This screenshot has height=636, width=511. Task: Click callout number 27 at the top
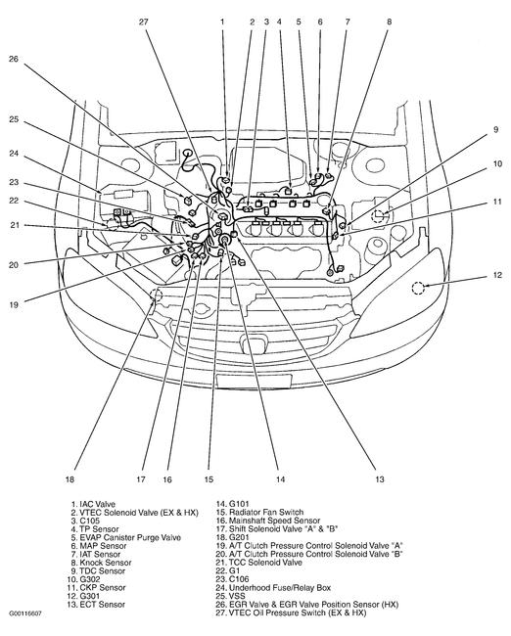pos(145,21)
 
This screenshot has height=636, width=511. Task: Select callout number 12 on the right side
pos(497,275)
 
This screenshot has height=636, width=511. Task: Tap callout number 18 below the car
pos(70,479)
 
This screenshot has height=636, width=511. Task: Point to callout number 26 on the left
pos(14,59)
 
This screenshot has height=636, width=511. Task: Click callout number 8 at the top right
pos(389,21)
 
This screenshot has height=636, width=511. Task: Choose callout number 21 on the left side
pos(14,226)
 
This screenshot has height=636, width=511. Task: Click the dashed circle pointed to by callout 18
pos(153,295)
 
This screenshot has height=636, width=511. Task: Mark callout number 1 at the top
pos(222,21)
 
